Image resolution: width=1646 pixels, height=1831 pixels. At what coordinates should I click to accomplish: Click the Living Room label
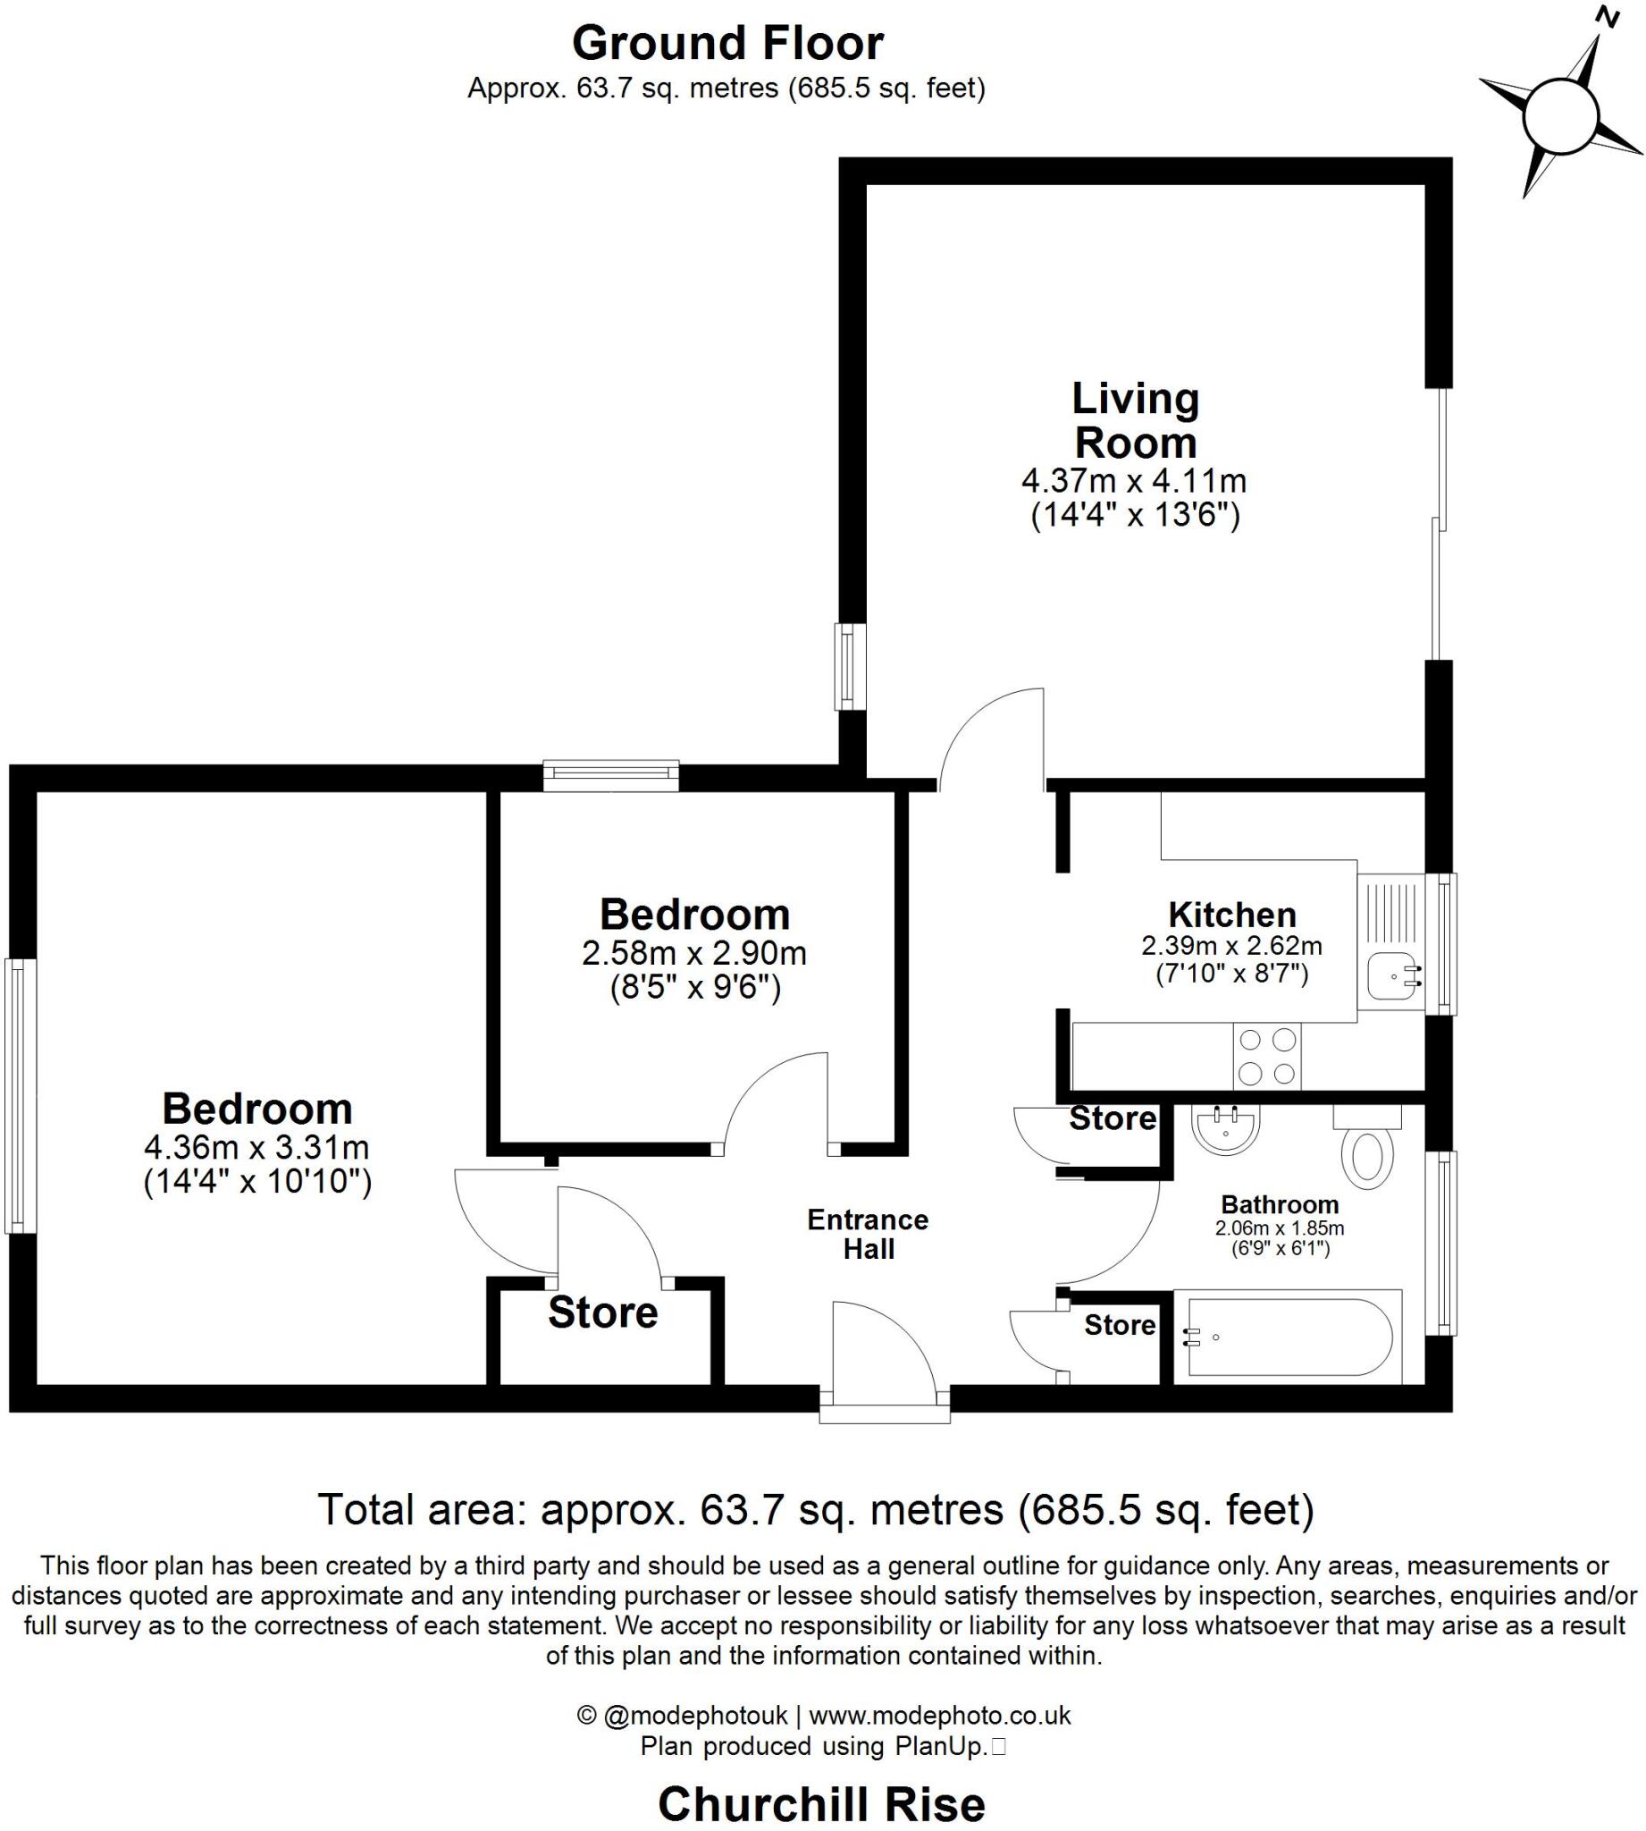point(1135,421)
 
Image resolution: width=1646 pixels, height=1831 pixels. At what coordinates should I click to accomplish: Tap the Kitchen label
point(1231,915)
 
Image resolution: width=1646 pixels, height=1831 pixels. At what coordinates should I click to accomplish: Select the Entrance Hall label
point(869,1234)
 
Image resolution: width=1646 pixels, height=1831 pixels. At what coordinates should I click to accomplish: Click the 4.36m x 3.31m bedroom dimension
point(256,1148)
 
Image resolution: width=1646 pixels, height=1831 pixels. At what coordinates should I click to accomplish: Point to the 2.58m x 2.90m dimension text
point(693,952)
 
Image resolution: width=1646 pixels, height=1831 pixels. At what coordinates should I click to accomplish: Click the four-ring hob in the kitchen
point(1266,1057)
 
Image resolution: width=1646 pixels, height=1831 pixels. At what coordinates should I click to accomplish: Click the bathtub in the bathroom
point(1288,1337)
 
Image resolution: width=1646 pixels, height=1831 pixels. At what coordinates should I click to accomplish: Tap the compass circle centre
point(1561,117)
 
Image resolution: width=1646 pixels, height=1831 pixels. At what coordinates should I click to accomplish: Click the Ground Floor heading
point(727,44)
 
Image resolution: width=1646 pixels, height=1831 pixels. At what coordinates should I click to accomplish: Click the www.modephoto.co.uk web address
point(940,1715)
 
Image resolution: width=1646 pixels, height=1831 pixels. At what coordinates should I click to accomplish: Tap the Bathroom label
point(1280,1204)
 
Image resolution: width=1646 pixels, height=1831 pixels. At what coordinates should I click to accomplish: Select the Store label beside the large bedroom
point(603,1312)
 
